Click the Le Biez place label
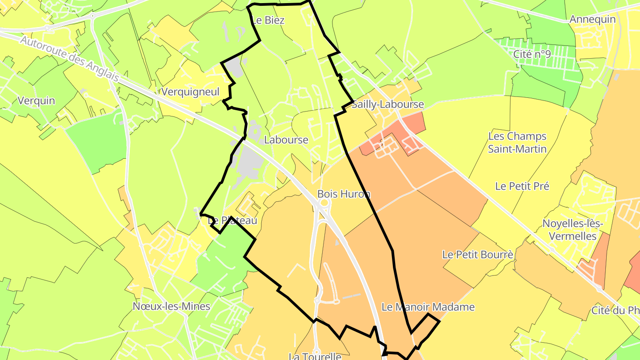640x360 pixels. (268, 20)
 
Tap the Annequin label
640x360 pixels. (592, 19)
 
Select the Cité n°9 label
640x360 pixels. (532, 54)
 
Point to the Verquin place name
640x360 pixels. (36, 100)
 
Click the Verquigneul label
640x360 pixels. (191, 92)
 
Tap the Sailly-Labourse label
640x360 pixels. (388, 105)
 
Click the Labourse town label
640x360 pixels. (286, 140)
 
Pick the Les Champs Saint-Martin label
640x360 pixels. (517, 142)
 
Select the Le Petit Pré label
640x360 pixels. (522, 186)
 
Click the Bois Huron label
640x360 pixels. (344, 194)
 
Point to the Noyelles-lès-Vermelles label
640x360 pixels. (572, 229)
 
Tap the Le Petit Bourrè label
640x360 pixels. (478, 255)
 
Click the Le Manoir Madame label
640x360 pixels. (428, 307)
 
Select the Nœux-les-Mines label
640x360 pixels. (171, 306)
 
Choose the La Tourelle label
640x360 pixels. (315, 356)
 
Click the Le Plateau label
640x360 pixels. (232, 220)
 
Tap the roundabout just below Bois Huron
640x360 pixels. (324, 204)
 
